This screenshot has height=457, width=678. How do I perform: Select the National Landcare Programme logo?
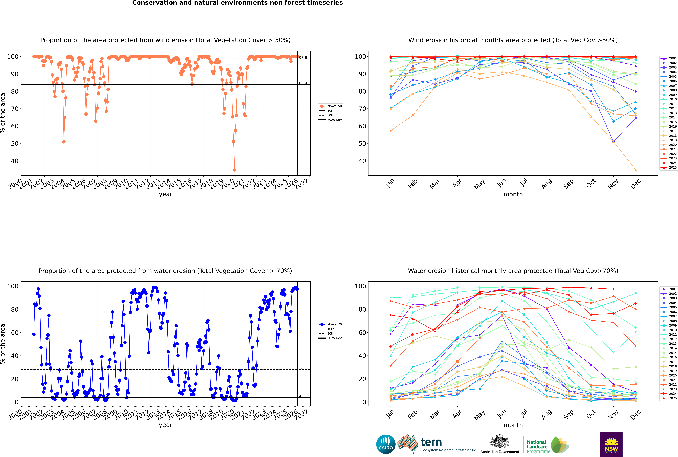click(x=547, y=445)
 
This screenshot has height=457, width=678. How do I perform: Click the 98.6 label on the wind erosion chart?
click(x=303, y=58)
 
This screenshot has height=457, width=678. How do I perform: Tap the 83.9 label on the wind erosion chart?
click(x=303, y=83)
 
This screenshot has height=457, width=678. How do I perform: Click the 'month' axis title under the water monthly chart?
click(x=513, y=425)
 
